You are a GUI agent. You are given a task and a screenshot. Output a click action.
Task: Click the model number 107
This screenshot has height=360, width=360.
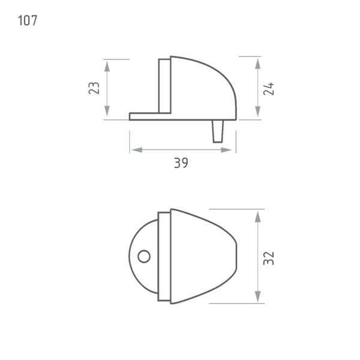(x=28, y=20)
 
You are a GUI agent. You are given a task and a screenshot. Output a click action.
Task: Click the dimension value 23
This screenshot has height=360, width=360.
(x=94, y=88)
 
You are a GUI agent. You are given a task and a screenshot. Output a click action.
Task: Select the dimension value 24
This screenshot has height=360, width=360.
(x=269, y=89)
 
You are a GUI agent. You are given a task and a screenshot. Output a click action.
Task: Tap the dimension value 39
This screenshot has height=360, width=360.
(x=181, y=163)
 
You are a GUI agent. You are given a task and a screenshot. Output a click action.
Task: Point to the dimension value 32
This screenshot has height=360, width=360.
(x=269, y=258)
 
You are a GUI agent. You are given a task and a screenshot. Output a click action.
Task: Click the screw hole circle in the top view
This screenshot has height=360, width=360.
(x=144, y=256)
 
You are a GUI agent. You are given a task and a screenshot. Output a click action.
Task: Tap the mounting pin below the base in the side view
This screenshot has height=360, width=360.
(x=218, y=131)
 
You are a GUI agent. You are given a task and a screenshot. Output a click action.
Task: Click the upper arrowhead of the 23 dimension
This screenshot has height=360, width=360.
(x=107, y=67)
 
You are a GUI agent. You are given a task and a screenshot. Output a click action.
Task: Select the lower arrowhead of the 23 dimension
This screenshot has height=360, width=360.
(x=107, y=111)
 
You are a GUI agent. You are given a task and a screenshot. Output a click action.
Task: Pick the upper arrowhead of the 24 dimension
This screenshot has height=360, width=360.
(x=258, y=64)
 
